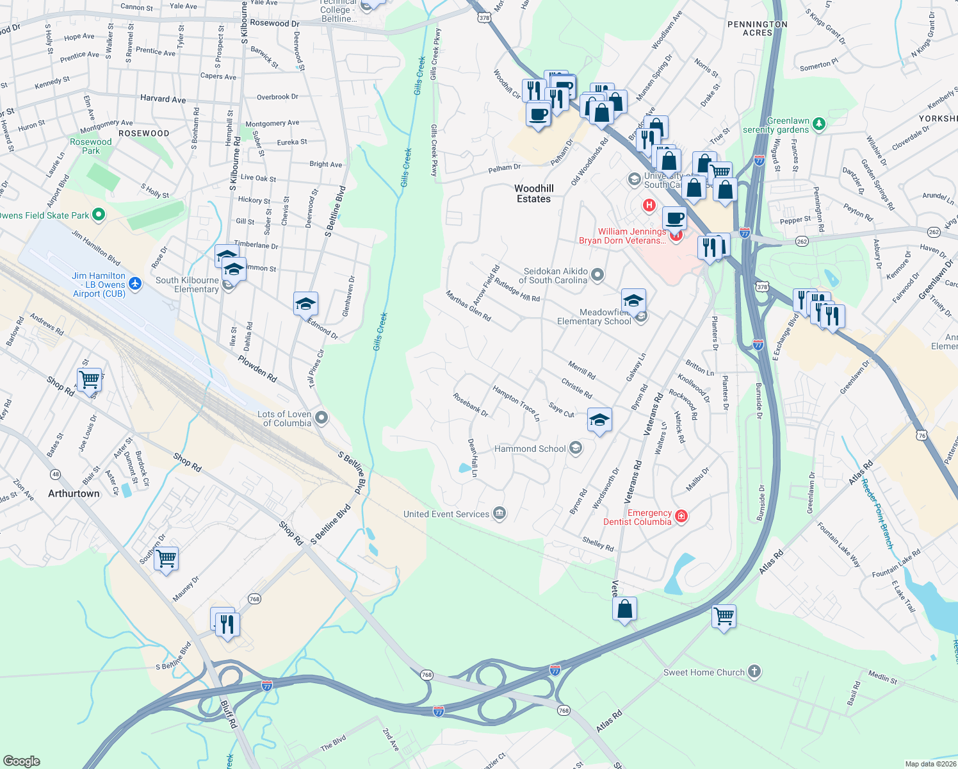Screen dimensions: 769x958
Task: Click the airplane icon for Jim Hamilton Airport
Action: click(x=134, y=283)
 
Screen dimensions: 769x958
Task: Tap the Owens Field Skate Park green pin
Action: click(x=98, y=215)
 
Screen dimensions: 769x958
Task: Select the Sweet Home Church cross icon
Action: click(x=754, y=672)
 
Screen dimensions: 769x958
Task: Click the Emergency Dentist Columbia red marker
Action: click(x=681, y=517)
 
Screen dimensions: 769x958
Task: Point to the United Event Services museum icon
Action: click(x=499, y=513)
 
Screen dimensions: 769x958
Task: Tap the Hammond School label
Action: click(x=530, y=449)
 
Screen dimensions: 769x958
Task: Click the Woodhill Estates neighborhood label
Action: click(x=533, y=194)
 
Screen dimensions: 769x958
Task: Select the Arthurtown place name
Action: click(x=74, y=493)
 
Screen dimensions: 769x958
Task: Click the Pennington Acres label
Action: click(x=757, y=28)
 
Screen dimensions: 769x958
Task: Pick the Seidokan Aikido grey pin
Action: click(x=597, y=275)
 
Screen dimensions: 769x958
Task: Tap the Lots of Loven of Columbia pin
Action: click(x=321, y=418)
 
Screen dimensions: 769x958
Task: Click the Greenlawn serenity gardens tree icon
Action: click(x=818, y=124)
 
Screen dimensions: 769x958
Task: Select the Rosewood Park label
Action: click(x=91, y=146)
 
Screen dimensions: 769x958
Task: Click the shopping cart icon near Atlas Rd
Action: click(x=724, y=616)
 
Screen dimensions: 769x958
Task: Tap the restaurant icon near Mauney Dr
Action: click(x=227, y=623)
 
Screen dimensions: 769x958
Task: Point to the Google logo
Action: click(x=22, y=761)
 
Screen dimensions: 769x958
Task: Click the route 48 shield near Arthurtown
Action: click(x=56, y=474)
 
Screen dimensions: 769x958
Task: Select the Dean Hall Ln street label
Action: click(x=473, y=458)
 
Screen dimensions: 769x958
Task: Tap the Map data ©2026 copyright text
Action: click(x=930, y=764)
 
